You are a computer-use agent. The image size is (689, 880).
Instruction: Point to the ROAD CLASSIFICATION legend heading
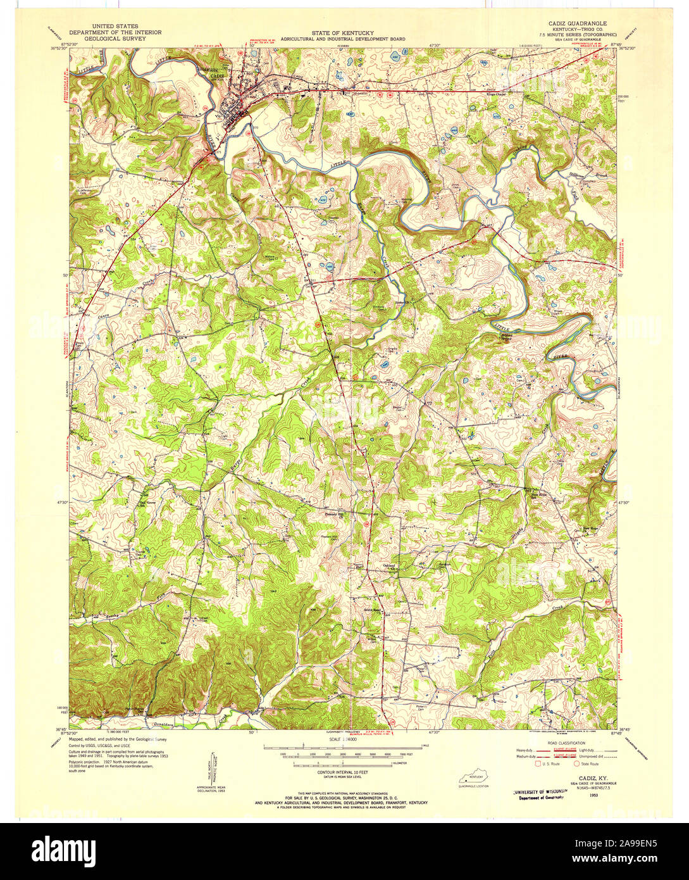(567, 743)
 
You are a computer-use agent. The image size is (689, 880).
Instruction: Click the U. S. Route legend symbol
(540, 764)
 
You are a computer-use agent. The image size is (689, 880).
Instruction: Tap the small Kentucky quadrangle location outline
(473, 777)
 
